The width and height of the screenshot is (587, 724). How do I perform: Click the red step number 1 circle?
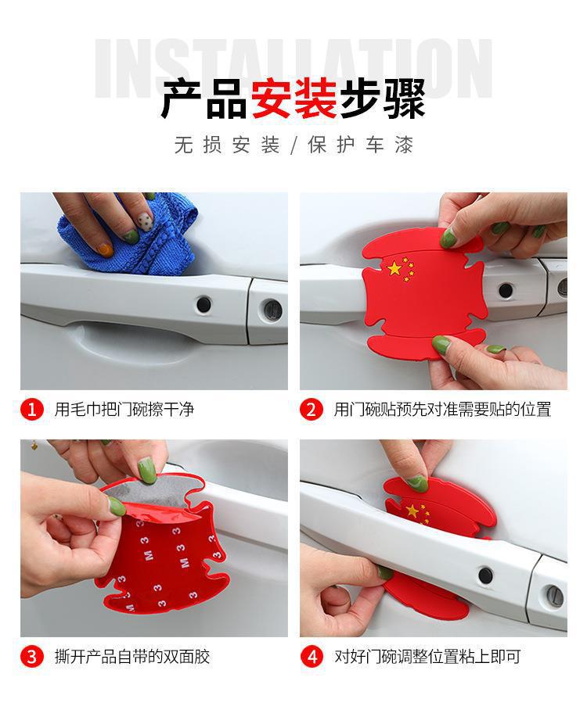pos(32,410)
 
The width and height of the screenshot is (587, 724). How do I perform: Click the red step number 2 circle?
pos(311,410)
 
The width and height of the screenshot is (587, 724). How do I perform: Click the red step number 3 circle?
pos(32,657)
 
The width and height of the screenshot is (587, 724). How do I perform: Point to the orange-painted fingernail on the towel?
pos(105,249)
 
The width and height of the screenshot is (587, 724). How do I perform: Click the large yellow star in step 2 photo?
pos(394,268)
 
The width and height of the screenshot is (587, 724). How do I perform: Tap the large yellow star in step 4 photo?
pos(412,511)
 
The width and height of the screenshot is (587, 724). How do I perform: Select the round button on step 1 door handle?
pos(203,304)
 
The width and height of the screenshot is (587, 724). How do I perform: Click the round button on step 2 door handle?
pos(506,290)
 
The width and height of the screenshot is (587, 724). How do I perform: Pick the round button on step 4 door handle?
pos(486,575)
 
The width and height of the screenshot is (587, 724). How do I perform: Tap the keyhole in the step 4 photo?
pos(553,596)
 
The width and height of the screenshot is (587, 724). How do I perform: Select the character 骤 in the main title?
pos(405,99)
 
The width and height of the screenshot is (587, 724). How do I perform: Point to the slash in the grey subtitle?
pos(294,145)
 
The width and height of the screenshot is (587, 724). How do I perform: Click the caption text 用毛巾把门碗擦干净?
pos(124,410)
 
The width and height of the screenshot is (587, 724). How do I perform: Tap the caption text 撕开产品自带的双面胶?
pos(132,657)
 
